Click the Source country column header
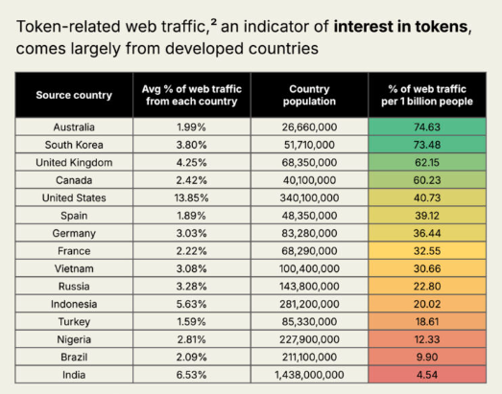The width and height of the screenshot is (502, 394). (74, 95)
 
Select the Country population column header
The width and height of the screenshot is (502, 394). (310, 95)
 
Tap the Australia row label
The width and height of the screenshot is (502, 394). (74, 127)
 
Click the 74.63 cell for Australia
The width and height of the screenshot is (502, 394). (426, 127)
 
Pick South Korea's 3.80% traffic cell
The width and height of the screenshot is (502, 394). (192, 145)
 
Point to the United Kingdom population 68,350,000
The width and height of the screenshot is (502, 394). (310, 162)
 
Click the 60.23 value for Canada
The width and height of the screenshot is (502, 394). (426, 180)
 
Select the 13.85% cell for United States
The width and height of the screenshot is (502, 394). (192, 197)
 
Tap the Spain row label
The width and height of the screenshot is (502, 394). (74, 216)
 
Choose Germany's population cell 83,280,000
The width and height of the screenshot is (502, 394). (310, 234)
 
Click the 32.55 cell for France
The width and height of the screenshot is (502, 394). (426, 251)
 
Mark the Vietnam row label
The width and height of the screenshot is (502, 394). (74, 269)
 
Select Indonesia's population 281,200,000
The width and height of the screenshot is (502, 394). (310, 305)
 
